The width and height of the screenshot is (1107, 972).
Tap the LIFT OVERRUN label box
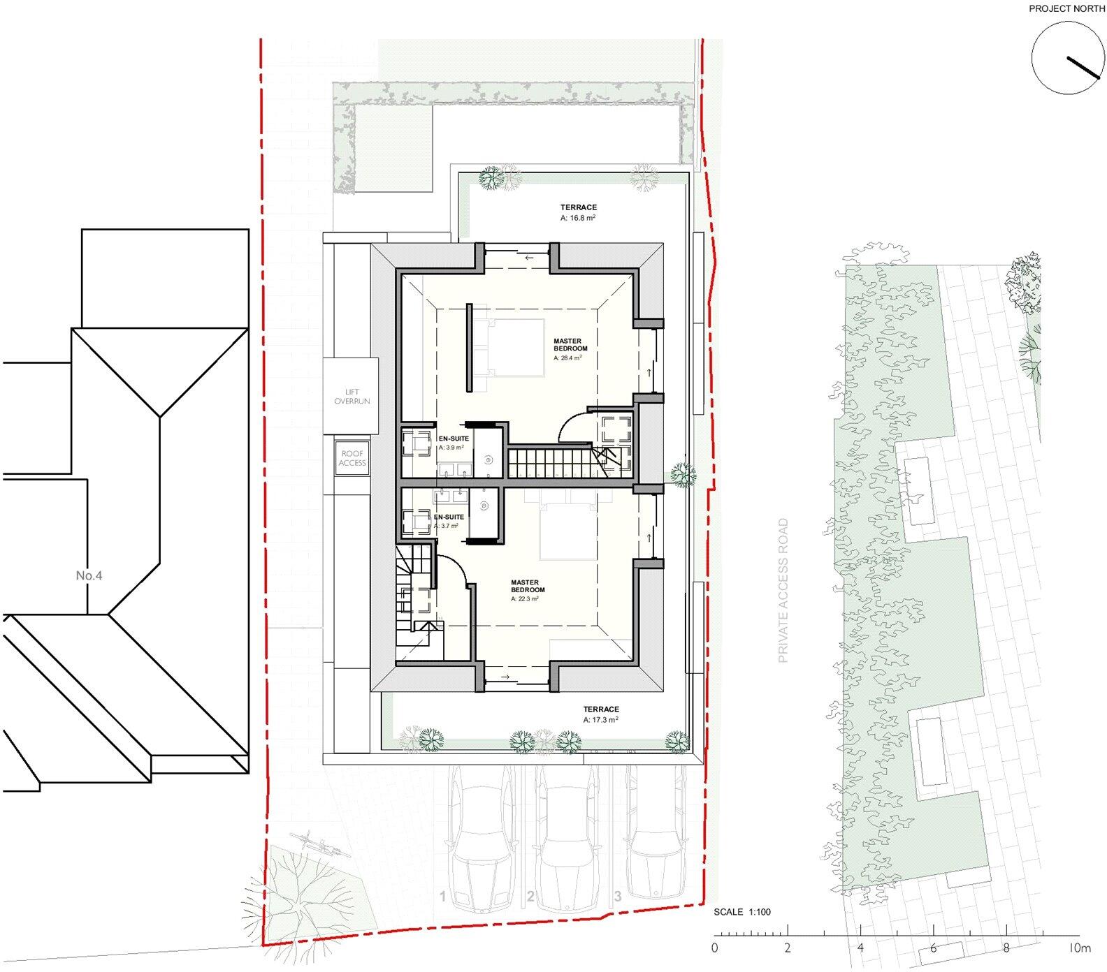pyautogui.click(x=351, y=397)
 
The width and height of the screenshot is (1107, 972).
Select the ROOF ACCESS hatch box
pyautogui.click(x=352, y=458)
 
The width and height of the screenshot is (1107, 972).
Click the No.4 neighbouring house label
pyautogui.click(x=89, y=576)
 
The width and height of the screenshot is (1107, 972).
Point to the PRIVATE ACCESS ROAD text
pyautogui.click(x=783, y=590)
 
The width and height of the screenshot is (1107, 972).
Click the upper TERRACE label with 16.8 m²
pyautogui.click(x=578, y=212)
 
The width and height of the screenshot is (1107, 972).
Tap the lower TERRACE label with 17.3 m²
pyautogui.click(x=601, y=714)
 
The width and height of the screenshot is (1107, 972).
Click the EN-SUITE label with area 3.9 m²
pyautogui.click(x=453, y=442)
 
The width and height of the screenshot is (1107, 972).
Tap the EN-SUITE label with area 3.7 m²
pyautogui.click(x=448, y=521)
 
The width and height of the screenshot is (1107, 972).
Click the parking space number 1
pyautogui.click(x=442, y=896)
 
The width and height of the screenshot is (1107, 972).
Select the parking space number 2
pyautogui.click(x=530, y=896)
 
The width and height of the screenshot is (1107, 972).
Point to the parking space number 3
pyautogui.click(x=617, y=896)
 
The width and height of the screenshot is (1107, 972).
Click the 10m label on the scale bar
pyautogui.click(x=1079, y=948)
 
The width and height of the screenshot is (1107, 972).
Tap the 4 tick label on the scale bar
pyautogui.click(x=860, y=948)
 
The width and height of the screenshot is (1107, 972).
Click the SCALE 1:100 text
pyautogui.click(x=741, y=912)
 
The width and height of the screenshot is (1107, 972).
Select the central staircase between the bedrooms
pyautogui.click(x=547, y=463)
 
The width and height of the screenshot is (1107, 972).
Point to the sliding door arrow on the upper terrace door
pyautogui.click(x=528, y=258)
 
